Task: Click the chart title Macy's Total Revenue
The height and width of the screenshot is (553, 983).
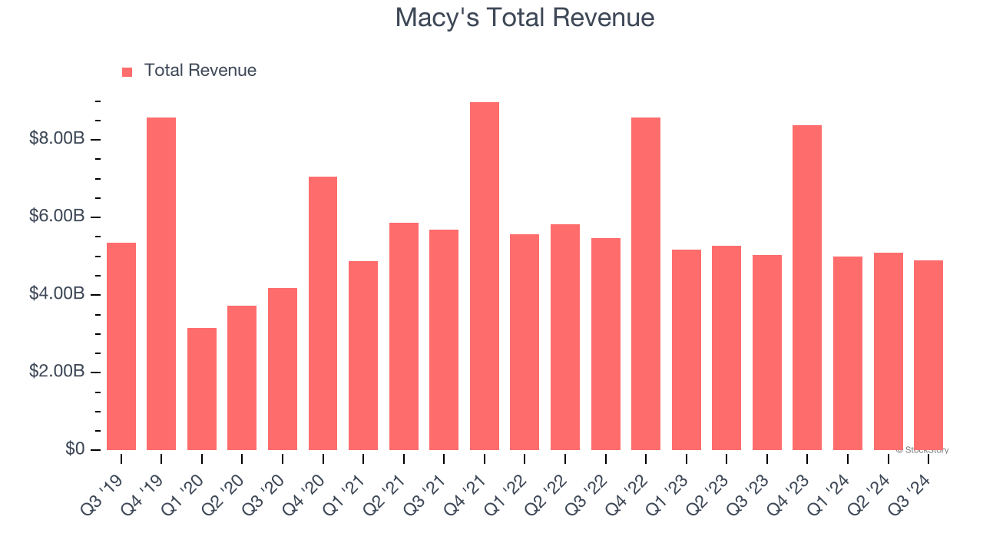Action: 525,18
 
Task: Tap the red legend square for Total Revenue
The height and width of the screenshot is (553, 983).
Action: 127,71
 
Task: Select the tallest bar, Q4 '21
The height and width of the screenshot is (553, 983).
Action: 485,276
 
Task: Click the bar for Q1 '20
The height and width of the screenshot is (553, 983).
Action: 202,389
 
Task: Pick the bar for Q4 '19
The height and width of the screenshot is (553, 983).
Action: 161,284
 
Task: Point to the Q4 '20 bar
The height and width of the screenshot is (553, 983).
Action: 323,313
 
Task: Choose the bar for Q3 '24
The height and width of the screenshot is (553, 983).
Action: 928,355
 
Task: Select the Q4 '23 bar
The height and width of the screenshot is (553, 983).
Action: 807,288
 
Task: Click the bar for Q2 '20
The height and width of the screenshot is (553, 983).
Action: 242,378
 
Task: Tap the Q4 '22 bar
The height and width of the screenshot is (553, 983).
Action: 646,284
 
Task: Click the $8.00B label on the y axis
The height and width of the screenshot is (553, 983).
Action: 57,139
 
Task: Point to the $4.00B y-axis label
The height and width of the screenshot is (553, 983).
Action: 57,294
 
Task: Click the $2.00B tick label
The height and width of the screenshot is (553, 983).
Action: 57,372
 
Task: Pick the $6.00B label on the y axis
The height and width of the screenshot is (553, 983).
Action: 57,217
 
